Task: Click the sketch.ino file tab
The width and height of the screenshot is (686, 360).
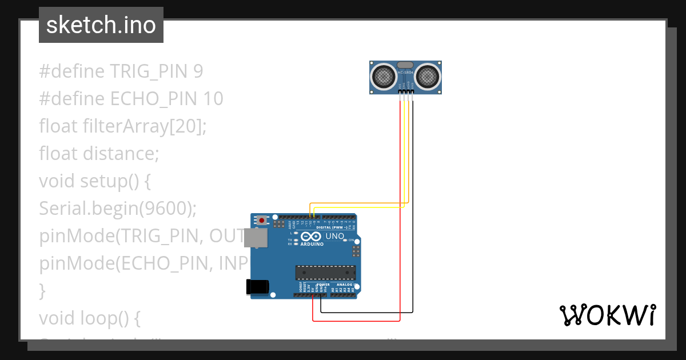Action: (x=101, y=25)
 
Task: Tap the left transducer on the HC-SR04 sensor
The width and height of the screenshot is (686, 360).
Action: (x=383, y=75)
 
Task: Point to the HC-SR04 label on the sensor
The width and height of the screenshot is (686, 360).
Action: (x=405, y=73)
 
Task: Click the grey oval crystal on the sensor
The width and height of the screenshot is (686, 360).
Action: (x=405, y=65)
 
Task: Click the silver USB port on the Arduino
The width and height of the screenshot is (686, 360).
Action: (x=256, y=238)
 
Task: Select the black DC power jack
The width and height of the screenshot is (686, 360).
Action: (x=257, y=287)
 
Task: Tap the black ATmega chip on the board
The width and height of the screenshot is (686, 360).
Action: (x=325, y=273)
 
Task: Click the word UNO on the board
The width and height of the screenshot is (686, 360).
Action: (x=334, y=236)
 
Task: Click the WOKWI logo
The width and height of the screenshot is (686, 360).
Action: (x=607, y=315)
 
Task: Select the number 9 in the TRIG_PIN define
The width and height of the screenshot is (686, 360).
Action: (x=198, y=71)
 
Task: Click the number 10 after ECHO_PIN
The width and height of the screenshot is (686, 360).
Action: (x=213, y=99)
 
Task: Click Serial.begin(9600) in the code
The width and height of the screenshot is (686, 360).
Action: (x=118, y=209)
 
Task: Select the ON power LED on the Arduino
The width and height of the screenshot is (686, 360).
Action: (x=345, y=240)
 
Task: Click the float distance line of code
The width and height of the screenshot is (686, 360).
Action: (x=99, y=154)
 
